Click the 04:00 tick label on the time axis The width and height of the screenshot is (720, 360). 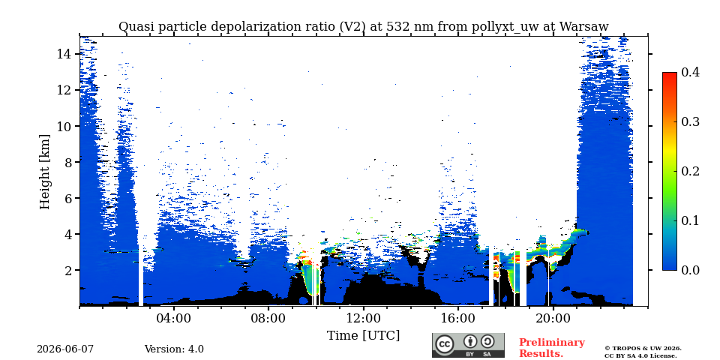pyautogui.click(x=174, y=318)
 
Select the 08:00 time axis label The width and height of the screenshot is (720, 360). pyautogui.click(x=268, y=318)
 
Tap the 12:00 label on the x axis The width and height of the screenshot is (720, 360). pyautogui.click(x=363, y=318)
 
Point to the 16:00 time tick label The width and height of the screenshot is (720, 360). pyautogui.click(x=457, y=318)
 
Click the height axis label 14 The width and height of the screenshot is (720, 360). pyautogui.click(x=64, y=54)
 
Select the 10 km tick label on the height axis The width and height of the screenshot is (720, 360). pyautogui.click(x=64, y=126)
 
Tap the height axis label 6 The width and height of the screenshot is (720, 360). pyautogui.click(x=69, y=198)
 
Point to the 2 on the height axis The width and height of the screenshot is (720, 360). pyautogui.click(x=69, y=270)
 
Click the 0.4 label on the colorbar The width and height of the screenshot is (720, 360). pyautogui.click(x=690, y=72)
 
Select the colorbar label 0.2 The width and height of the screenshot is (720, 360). pyautogui.click(x=690, y=171)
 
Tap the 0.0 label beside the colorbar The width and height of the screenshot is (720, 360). pyautogui.click(x=690, y=270)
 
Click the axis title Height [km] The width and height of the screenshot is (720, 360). pyautogui.click(x=44, y=172)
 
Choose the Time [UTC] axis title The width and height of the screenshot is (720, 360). pyautogui.click(x=363, y=336)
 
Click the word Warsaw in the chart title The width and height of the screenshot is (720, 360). pyautogui.click(x=584, y=27)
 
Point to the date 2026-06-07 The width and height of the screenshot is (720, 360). pyautogui.click(x=65, y=349)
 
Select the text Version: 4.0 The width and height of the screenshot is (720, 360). pyautogui.click(x=174, y=349)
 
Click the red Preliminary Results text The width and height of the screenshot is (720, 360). pyautogui.click(x=552, y=348)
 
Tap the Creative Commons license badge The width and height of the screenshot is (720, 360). pyautogui.click(x=468, y=345)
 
